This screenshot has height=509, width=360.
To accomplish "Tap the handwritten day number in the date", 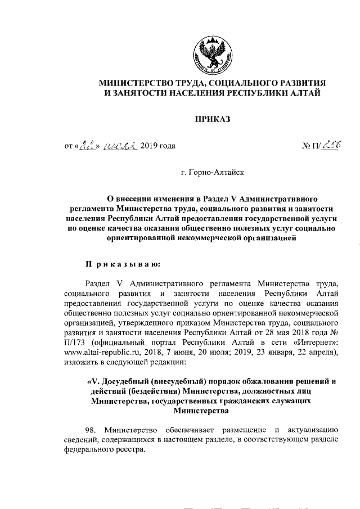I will click(x=89, y=146).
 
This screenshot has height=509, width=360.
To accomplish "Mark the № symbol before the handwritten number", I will click(x=307, y=146).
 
